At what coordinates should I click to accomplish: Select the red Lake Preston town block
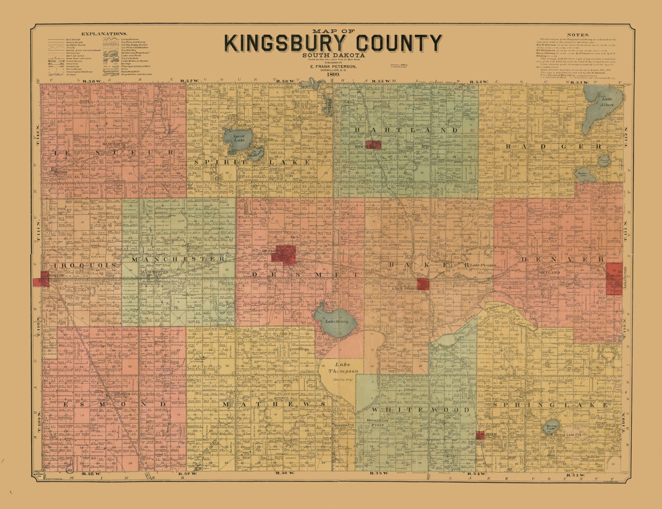pos(423,283)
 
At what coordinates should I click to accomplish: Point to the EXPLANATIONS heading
pos(104,34)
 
